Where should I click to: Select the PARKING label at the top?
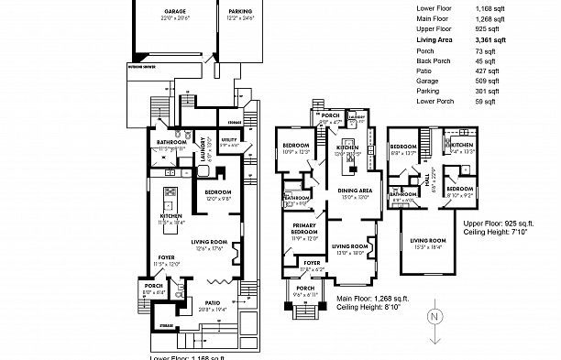[241, 11]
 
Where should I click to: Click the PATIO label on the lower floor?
[213, 301]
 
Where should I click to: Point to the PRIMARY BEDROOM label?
[303, 228]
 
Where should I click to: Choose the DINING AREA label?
[357, 190]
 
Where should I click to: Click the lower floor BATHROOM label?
[171, 142]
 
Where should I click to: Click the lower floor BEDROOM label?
[216, 191]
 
